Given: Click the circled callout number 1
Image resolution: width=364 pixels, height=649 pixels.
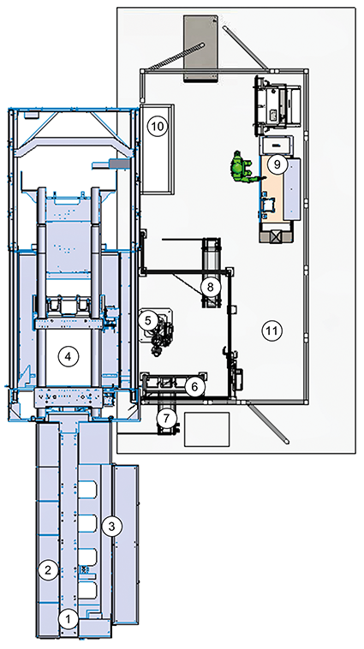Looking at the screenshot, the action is [69, 619].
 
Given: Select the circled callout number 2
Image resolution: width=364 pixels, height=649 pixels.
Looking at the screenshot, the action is [48, 570].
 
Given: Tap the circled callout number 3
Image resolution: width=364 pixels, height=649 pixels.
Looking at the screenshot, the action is [111, 527].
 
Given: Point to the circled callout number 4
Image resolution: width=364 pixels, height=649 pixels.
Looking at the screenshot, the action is [69, 356].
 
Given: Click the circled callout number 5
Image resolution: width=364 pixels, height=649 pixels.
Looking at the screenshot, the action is [148, 320].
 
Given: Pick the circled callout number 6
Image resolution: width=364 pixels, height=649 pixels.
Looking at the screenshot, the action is [195, 387].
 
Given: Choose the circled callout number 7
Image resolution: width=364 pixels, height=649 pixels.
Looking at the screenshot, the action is [166, 418].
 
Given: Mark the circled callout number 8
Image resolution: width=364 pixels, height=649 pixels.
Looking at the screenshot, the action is [211, 286].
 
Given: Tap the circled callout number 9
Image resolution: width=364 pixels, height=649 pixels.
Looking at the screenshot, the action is [277, 164].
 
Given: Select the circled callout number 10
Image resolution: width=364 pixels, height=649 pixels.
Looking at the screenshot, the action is [158, 126].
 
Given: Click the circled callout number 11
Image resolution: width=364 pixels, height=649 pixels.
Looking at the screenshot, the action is [272, 330].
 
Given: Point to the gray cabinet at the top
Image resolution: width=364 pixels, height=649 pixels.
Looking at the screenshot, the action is [200, 48].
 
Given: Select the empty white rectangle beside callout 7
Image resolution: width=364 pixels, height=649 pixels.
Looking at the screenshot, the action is [206, 429].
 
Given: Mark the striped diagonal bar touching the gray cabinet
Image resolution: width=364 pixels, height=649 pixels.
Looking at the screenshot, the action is [176, 56].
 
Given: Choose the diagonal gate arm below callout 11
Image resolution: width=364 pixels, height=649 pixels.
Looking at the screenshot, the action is [269, 424].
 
